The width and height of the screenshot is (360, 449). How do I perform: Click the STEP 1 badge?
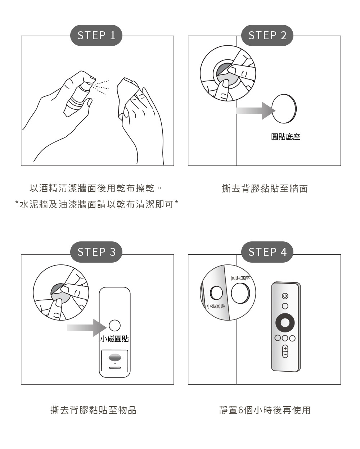click(96, 35)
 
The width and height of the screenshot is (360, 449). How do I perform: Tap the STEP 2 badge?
click(267, 35)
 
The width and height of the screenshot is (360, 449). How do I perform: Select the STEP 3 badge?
click(96, 252)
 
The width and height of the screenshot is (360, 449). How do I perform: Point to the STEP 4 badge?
click(267, 252)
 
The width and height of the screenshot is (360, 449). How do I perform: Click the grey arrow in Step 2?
click(256, 111)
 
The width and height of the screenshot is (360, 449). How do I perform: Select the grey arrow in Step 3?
click(87, 328)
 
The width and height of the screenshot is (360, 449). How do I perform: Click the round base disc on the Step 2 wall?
click(284, 109)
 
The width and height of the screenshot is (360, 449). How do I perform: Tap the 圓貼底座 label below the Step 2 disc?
click(285, 137)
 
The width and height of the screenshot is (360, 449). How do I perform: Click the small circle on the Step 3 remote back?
click(114, 326)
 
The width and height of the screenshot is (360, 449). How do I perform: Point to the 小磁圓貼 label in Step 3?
click(114, 339)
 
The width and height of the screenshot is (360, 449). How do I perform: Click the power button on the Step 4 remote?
click(285, 296)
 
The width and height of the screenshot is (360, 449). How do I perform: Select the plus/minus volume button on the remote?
click(285, 352)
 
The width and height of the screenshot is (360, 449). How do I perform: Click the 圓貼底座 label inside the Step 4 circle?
click(240, 278)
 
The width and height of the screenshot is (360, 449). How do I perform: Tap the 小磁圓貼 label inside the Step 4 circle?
click(216, 306)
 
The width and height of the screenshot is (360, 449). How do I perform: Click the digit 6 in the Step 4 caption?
click(240, 410)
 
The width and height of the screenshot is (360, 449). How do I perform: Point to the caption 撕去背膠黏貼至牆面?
click(265, 189)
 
